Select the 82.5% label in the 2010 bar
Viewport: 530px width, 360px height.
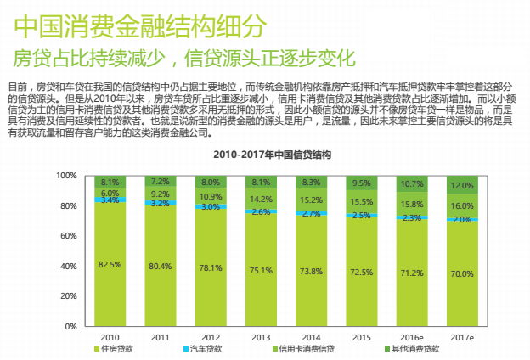[110, 265]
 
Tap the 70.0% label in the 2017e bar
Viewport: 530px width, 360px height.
[462, 274]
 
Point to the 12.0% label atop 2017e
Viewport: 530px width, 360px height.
[462, 186]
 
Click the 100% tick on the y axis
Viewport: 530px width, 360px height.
[66, 176]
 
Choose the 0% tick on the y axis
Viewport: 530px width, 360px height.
[71, 327]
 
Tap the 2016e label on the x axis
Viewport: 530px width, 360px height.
[412, 338]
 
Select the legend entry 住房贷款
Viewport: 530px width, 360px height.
[120, 349]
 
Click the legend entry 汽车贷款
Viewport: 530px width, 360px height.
[204, 349]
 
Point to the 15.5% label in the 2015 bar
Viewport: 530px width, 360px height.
[362, 203]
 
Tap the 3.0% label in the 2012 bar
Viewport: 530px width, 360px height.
[211, 207]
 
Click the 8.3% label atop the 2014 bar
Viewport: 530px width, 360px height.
[311, 183]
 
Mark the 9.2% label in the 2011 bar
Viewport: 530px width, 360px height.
[161, 194]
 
